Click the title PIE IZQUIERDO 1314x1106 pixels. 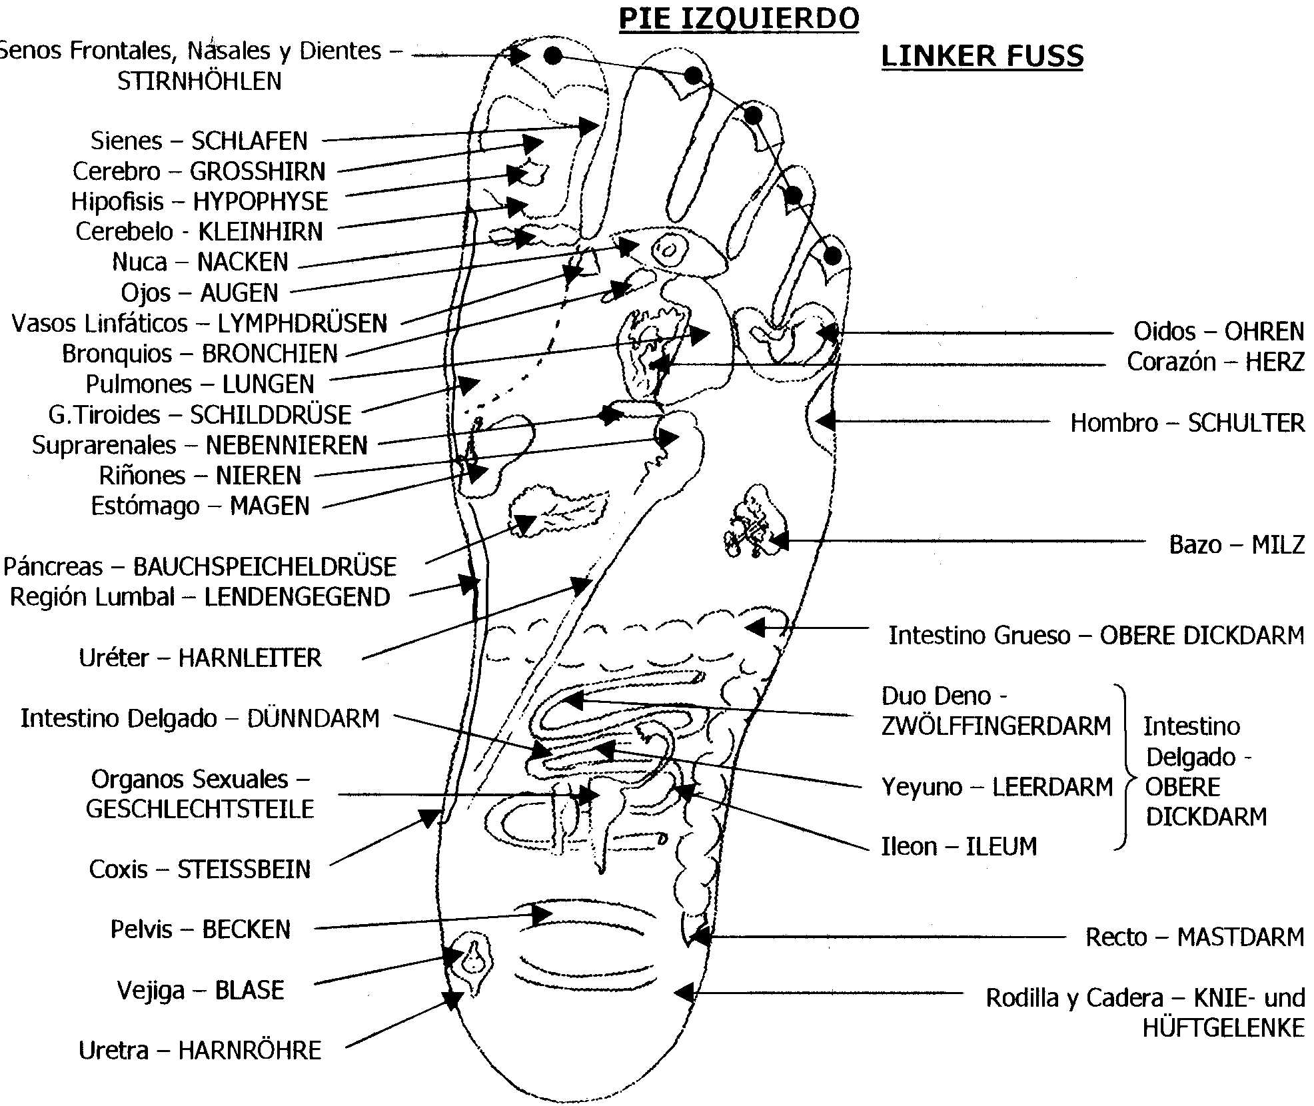(738, 19)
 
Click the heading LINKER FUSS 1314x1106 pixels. (982, 56)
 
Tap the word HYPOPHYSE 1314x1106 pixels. (261, 201)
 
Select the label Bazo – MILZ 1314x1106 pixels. (1236, 545)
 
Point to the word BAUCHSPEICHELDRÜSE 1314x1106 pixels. (265, 567)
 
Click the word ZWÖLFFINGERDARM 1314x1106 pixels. (996, 726)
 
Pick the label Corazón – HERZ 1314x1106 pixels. (1215, 362)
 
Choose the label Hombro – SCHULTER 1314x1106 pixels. (1187, 423)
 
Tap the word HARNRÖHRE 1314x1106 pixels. (250, 1051)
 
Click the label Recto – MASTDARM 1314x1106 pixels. (1194, 937)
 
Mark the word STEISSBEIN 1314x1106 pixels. (244, 869)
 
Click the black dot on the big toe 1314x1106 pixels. (552, 55)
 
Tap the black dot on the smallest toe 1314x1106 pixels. (832, 255)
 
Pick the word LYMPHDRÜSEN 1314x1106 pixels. (303, 323)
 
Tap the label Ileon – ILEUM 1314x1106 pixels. (959, 847)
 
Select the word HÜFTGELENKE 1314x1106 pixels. (1223, 1029)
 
